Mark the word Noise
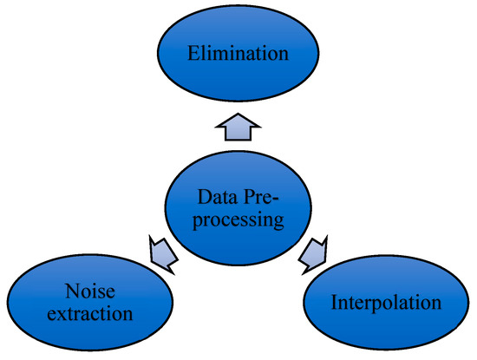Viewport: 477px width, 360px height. (88, 291)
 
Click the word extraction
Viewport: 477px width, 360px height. (88, 314)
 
